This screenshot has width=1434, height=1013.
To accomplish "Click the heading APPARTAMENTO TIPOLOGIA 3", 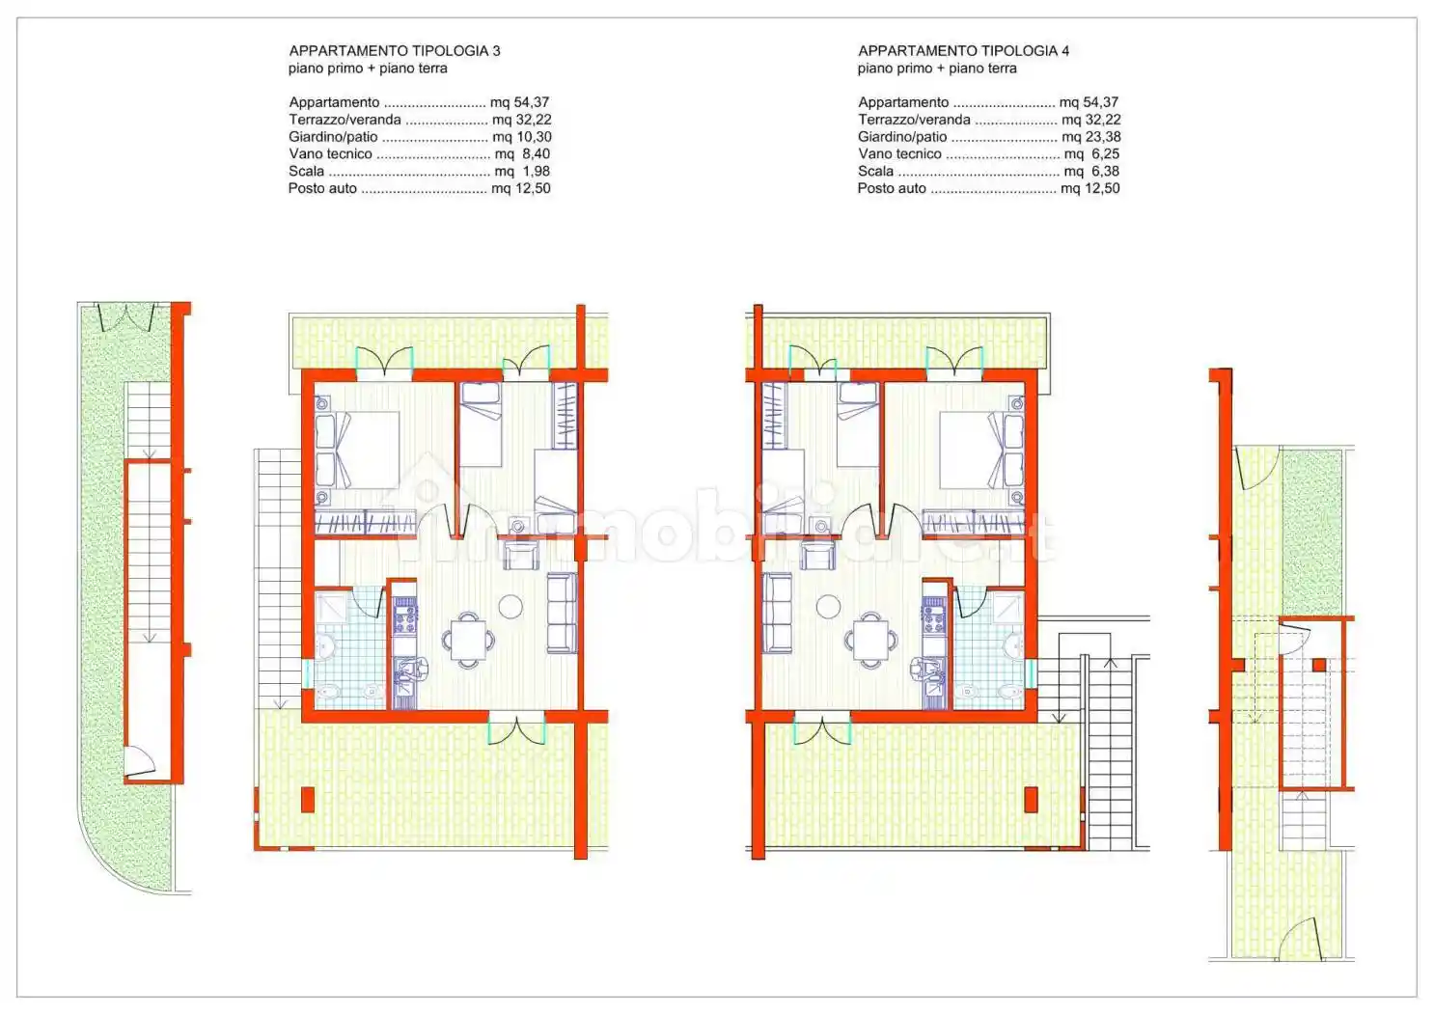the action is tap(395, 51).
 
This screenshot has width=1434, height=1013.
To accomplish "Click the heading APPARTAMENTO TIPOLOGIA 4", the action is tap(963, 51).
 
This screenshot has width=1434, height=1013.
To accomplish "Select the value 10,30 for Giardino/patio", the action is tap(534, 137).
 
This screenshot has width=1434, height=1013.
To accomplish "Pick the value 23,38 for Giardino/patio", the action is tap(1103, 137).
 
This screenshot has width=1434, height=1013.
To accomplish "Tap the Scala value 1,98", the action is tap(537, 172).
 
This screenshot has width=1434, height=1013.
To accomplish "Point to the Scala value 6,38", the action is tap(1106, 172).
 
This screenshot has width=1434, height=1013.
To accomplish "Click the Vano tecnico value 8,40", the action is tap(537, 154).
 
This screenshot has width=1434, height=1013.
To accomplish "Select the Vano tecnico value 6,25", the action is tap(1106, 154).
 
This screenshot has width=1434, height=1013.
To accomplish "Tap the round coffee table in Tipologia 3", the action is tap(510, 606).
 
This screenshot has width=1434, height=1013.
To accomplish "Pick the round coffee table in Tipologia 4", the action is tap(828, 606).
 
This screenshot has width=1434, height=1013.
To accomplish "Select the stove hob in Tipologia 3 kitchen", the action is tap(404, 615).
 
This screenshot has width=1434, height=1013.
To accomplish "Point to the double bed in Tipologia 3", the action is tap(357, 451).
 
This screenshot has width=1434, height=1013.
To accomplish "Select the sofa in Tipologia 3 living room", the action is tap(562, 613).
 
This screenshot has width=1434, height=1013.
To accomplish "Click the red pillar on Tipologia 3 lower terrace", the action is tap(308, 800).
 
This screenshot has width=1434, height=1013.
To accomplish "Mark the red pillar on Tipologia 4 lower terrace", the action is tap(1031, 800).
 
